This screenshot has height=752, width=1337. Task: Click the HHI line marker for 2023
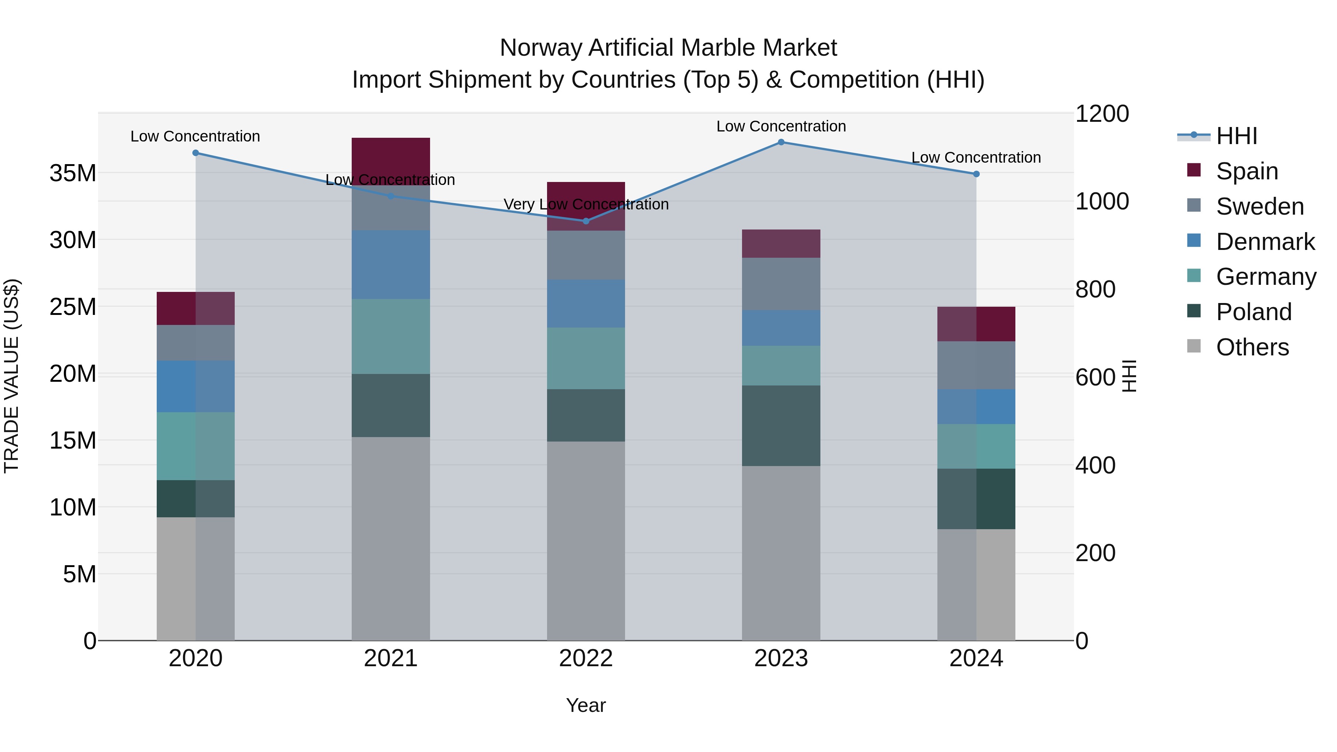[x=781, y=142]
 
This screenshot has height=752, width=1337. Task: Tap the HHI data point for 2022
[x=586, y=221]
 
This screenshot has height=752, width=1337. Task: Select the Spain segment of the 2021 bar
[x=390, y=161]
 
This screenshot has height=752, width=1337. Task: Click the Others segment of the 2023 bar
[x=781, y=553]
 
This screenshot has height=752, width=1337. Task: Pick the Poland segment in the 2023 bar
[x=781, y=426]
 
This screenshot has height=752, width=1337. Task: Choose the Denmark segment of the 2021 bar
[x=390, y=265]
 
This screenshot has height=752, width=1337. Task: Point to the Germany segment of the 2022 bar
[x=586, y=358]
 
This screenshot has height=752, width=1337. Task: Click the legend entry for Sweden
[x=1260, y=206]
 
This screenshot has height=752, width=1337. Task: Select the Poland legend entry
[x=1253, y=312]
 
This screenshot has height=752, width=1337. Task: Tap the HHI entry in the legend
[x=1236, y=136]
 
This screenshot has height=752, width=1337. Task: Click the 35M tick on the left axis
[x=73, y=173]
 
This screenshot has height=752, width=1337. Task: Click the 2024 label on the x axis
[x=976, y=658]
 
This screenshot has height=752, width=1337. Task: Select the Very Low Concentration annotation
[x=586, y=205]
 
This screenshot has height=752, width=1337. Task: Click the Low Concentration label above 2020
[x=195, y=137]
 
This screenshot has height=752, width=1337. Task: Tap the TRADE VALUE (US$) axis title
[x=12, y=376]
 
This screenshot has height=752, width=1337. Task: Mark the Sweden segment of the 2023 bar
[x=781, y=284]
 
